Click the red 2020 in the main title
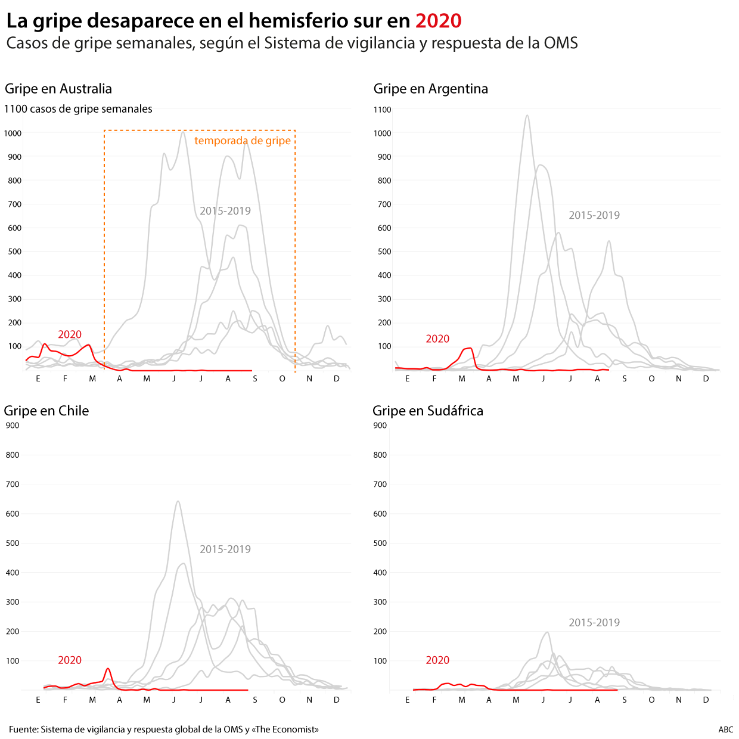tap(438, 21)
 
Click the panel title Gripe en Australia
tap(58, 89)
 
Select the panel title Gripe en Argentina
tap(430, 89)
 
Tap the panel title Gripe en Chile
tap(46, 411)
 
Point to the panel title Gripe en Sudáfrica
tap(427, 411)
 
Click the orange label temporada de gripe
tap(243, 141)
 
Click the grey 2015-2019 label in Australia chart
tap(225, 211)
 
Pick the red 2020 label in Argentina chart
tap(437, 339)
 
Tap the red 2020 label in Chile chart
tap(69, 660)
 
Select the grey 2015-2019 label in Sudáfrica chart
tap(594, 623)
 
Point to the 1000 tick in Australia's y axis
tap(13, 133)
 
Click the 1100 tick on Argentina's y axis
tap(382, 110)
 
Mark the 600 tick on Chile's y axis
tap(13, 514)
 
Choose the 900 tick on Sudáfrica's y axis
tap(380, 426)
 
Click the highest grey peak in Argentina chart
tap(527, 116)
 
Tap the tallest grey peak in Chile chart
tap(178, 502)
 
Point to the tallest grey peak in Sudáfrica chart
tap(547, 632)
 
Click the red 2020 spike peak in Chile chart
tap(108, 669)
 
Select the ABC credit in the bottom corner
tap(725, 729)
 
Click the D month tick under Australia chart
tap(337, 379)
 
